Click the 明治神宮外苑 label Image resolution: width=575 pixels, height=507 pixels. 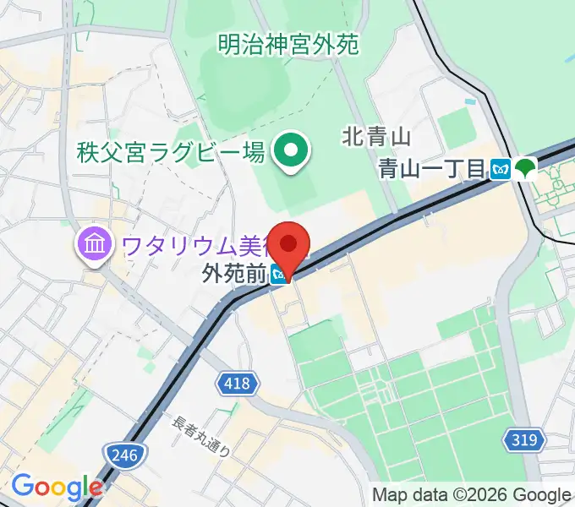(288, 42)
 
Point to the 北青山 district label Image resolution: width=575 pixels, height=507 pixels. (376, 135)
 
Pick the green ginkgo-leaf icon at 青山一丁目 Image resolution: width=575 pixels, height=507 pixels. (525, 168)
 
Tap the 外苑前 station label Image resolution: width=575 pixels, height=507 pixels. (234, 274)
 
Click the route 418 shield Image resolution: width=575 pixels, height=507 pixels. (237, 384)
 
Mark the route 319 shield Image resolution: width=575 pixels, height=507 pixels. (523, 439)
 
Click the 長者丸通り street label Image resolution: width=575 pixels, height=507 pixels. (201, 436)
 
